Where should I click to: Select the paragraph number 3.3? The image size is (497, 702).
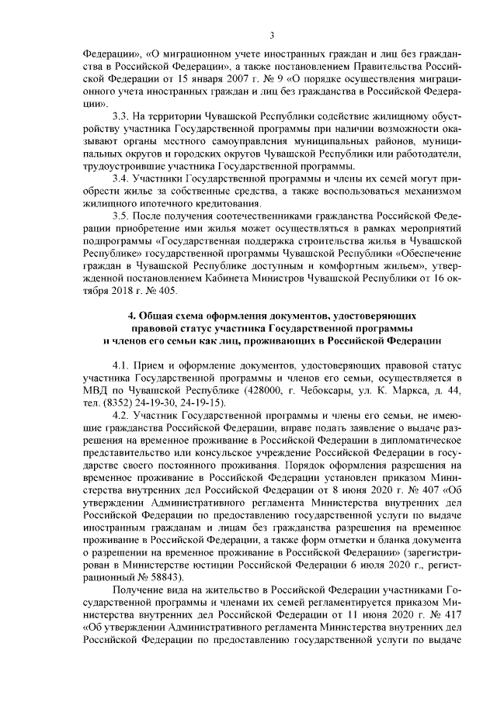[123, 116]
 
